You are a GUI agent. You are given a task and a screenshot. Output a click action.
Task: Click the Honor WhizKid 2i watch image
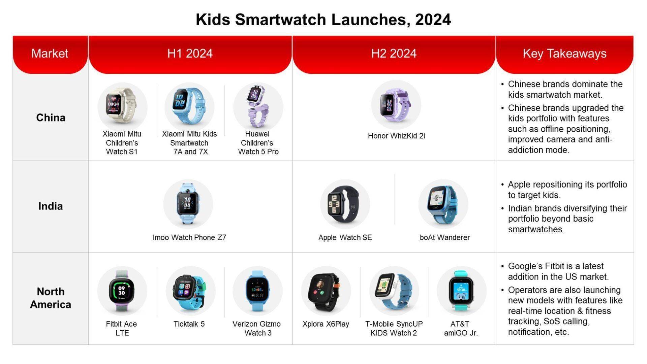pyautogui.click(x=396, y=104)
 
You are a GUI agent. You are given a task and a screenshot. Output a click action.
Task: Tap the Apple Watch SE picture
pyautogui.click(x=345, y=204)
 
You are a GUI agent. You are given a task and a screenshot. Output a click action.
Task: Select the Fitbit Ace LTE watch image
pyautogui.click(x=122, y=291)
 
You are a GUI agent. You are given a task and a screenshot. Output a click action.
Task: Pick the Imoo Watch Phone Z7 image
pyautogui.click(x=188, y=204)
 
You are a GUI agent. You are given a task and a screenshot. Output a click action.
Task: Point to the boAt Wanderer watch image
pyautogui.click(x=443, y=204)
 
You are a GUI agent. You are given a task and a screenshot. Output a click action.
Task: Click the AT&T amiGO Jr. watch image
pyautogui.click(x=461, y=291)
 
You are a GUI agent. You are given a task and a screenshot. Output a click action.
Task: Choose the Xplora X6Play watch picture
pyautogui.click(x=326, y=291)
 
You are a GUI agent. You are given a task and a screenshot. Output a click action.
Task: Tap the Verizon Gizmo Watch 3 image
pyautogui.click(x=257, y=291)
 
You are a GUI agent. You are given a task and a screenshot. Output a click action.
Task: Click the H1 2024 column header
pyautogui.click(x=190, y=54)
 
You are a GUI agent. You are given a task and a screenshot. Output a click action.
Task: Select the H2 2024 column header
pyautogui.click(x=394, y=54)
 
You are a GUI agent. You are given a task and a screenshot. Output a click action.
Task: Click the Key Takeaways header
pyautogui.click(x=565, y=54)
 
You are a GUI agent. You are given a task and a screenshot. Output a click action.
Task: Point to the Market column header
pyautogui.click(x=50, y=54)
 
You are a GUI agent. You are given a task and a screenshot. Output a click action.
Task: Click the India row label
pyautogui.click(x=51, y=206)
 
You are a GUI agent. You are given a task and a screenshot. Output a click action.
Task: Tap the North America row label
pyautogui.click(x=51, y=298)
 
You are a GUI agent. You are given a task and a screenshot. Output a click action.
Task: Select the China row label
pyautogui.click(x=51, y=118)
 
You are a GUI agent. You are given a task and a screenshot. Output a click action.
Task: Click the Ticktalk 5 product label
pyautogui.click(x=189, y=324)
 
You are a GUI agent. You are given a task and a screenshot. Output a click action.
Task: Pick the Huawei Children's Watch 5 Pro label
pyautogui.click(x=258, y=143)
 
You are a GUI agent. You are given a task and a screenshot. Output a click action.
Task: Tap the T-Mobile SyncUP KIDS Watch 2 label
pyautogui.click(x=394, y=328)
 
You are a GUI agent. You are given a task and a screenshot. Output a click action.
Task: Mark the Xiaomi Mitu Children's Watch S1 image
pyautogui.click(x=122, y=107)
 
